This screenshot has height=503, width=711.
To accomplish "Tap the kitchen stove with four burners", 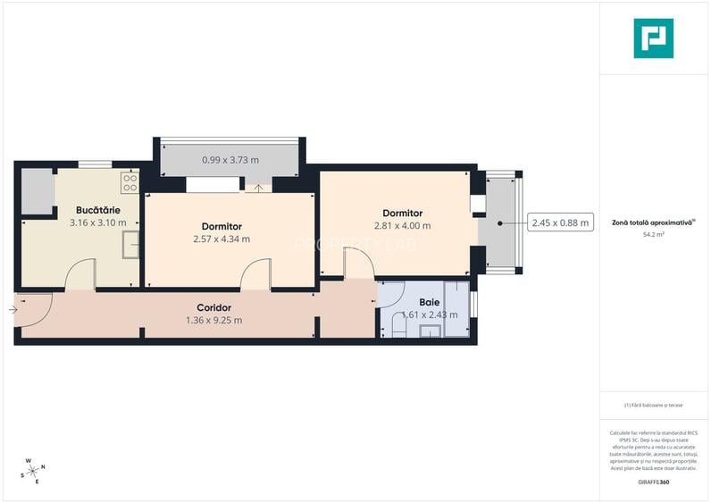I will pos(130,183).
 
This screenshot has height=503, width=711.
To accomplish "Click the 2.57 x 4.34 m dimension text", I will pos(222,239).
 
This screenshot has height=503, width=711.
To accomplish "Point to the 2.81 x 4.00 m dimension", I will pos(402,225).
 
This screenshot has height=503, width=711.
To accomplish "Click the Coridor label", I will pos(214,307).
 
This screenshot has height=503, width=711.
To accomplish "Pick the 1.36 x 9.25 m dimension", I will pos(214,320).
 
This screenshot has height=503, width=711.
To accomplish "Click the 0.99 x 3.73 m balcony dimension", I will pos(230,160).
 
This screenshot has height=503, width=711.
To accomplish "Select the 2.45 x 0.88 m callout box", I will pos(560,223).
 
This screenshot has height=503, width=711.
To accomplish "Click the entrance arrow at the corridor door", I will pos(13,310).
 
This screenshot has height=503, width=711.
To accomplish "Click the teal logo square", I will pos(653,38).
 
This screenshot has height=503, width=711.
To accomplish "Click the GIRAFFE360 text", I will pos(653,482).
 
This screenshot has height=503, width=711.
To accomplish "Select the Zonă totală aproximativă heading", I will pos(653,222).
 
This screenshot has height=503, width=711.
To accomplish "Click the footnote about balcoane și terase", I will pos(653,405).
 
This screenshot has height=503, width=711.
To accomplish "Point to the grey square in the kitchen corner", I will pos(38,189).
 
